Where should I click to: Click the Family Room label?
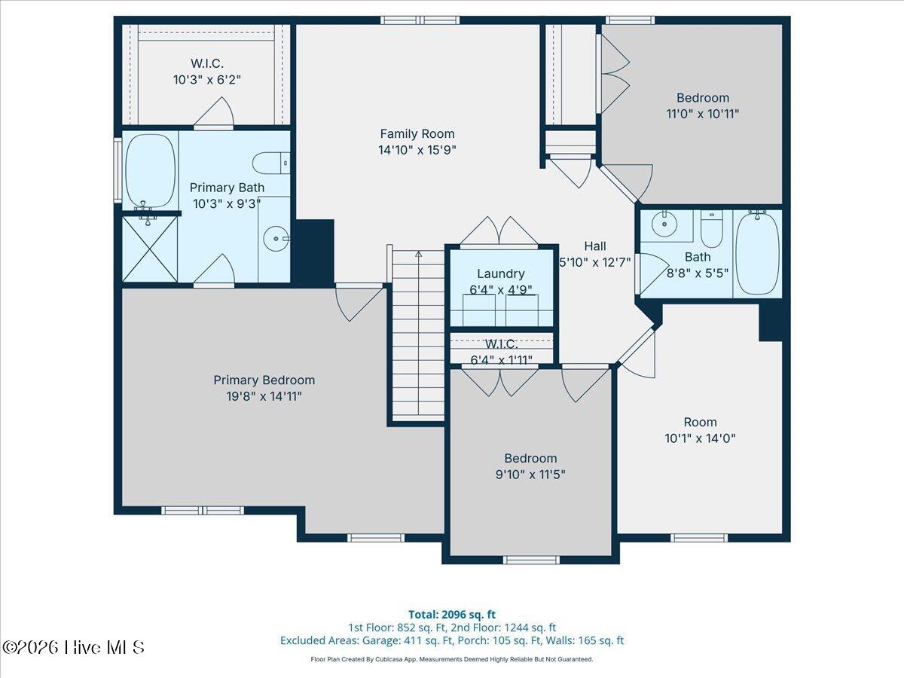click(x=417, y=134)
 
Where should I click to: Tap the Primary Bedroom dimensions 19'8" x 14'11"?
click(x=264, y=395)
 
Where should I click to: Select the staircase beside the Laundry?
click(x=417, y=335)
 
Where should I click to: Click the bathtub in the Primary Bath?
click(x=150, y=171)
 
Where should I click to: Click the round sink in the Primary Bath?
click(x=276, y=240)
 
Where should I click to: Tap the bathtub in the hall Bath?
click(x=757, y=253)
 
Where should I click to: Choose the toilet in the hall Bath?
click(x=711, y=228)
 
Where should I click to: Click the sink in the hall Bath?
click(x=666, y=224)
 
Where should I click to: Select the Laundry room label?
click(x=501, y=274)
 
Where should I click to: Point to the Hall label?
click(x=594, y=246)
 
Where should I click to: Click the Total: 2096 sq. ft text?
click(x=452, y=615)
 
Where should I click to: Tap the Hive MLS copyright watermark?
click(x=73, y=647)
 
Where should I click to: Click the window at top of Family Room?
click(x=420, y=20)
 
